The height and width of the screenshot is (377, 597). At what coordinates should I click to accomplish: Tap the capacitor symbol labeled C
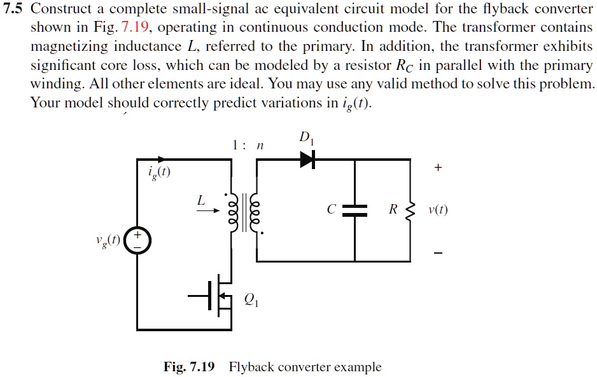coord(355,210)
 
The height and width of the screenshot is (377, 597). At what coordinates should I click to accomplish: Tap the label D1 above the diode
coord(306,139)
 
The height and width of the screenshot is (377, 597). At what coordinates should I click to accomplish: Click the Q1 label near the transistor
coord(251,299)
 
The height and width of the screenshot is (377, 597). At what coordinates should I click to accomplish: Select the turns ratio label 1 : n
coord(248,146)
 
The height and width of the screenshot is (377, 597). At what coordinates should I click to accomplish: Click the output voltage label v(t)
coord(438,210)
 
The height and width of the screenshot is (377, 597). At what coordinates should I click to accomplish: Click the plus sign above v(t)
coord(437,168)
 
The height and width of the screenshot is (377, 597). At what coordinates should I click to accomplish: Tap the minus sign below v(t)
coord(437,253)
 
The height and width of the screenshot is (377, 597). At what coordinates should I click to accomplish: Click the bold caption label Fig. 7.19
coord(189,367)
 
